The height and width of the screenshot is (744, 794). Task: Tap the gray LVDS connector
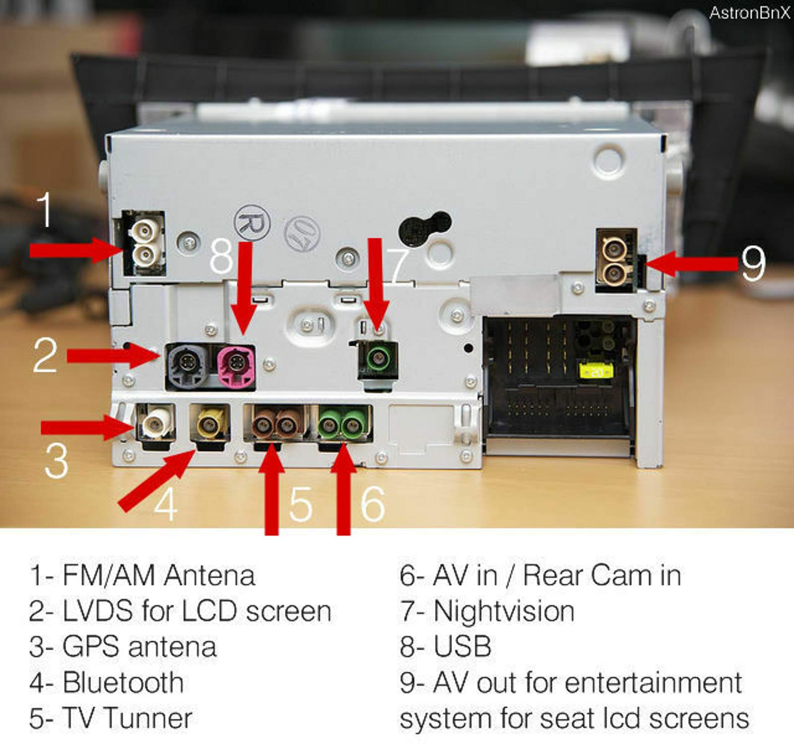[x=188, y=367]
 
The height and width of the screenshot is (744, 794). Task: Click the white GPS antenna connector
[x=156, y=423]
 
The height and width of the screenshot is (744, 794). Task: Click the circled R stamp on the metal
[x=252, y=223]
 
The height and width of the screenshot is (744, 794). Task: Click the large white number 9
[x=753, y=263]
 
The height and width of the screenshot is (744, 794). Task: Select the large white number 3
[x=56, y=460]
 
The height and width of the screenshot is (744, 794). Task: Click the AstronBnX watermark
[x=749, y=13]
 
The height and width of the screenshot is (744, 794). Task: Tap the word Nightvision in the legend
[x=504, y=611]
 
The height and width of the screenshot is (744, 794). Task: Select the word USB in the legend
[x=462, y=646]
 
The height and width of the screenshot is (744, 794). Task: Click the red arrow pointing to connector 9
[x=692, y=263]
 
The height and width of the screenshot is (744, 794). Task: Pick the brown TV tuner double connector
[x=274, y=424]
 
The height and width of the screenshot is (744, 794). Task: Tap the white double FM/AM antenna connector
[x=145, y=243]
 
